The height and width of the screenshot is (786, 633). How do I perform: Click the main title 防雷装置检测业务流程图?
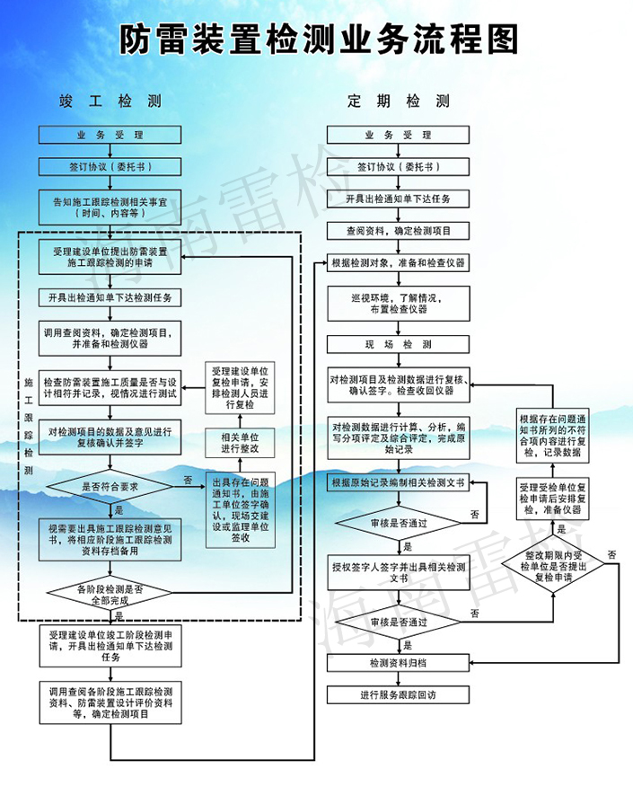[316, 39]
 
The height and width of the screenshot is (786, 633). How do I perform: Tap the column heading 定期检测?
[398, 101]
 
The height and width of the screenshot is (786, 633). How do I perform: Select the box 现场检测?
[398, 345]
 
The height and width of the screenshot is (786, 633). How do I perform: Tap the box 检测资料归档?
[398, 663]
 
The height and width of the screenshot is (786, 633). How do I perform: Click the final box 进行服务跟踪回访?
[398, 694]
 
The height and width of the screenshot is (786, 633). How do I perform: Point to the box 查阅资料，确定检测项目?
[398, 231]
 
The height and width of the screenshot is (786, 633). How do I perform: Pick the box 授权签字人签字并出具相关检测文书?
[398, 573]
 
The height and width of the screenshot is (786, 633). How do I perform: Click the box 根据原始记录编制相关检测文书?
[398, 483]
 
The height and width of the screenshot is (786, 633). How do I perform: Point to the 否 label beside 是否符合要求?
[188, 479]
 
